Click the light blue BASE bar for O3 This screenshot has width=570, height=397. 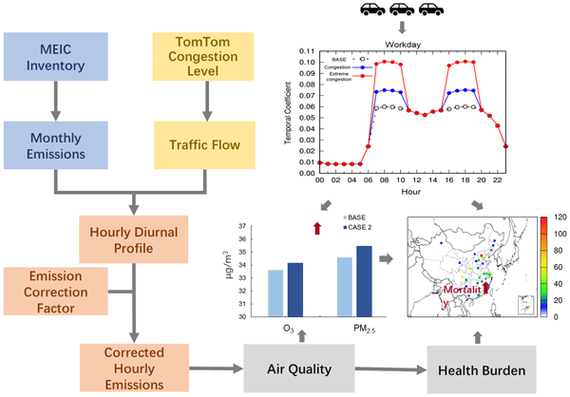[x=275, y=293]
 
